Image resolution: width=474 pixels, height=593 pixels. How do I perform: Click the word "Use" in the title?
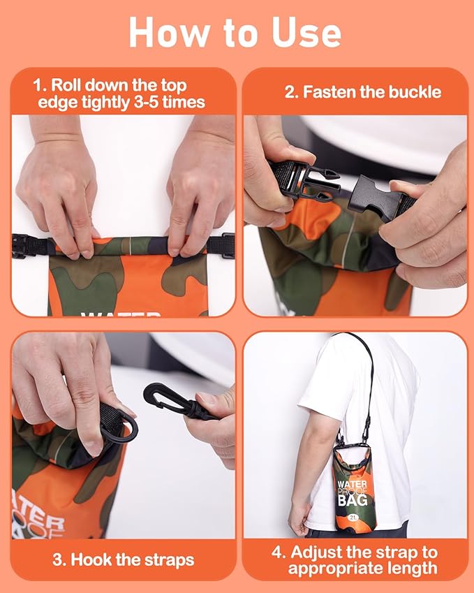click(306, 33)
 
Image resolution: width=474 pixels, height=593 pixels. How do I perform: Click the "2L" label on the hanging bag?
click(353, 517)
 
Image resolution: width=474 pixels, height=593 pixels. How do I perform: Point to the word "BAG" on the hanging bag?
click(353, 500)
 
